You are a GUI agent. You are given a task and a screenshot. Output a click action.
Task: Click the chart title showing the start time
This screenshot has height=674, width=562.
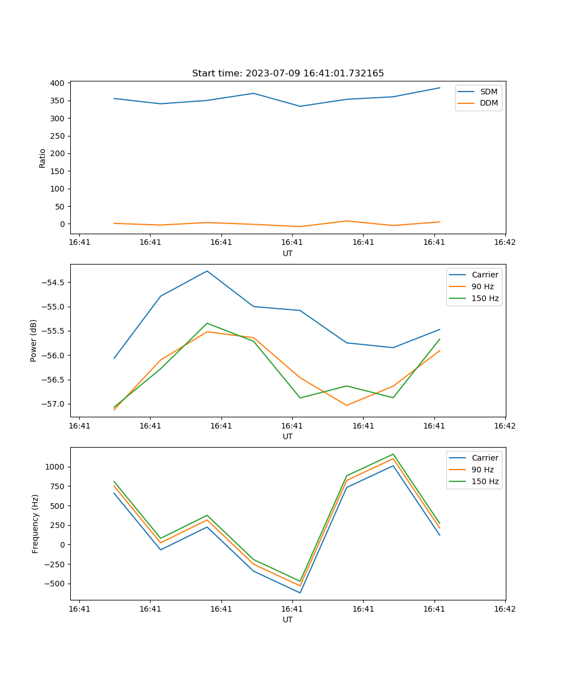(x=288, y=74)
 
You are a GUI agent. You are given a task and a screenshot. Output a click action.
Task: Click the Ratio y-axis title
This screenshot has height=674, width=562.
(x=43, y=158)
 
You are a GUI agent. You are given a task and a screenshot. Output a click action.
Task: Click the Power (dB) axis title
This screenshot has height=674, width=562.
(x=34, y=340)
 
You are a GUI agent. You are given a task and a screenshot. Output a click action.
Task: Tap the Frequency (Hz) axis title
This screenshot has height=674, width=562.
(x=35, y=523)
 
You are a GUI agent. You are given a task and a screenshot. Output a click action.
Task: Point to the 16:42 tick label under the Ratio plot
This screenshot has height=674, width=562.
(x=505, y=243)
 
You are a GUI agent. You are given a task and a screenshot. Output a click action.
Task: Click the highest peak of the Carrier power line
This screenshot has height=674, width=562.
(x=207, y=271)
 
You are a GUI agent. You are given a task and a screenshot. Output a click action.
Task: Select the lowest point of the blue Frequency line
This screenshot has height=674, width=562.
(x=300, y=593)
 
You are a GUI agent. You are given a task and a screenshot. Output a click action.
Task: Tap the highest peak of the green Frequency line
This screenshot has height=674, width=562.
(x=393, y=454)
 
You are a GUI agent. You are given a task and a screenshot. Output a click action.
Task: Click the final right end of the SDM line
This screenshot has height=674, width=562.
(x=439, y=88)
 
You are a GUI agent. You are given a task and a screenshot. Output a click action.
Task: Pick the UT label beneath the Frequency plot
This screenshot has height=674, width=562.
(x=288, y=620)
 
